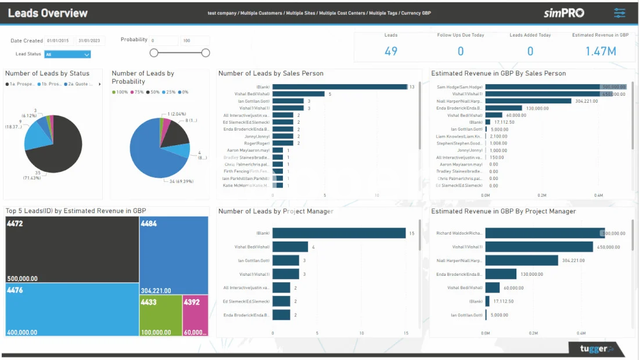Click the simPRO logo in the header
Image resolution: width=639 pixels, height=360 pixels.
click(563, 13)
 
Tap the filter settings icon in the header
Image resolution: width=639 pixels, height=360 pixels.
click(620, 13)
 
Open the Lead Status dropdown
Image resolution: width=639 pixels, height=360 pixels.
click(67, 55)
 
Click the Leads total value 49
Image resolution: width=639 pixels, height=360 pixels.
click(391, 51)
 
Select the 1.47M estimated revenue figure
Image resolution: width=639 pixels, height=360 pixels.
click(600, 51)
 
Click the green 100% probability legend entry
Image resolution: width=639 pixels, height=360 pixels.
click(120, 92)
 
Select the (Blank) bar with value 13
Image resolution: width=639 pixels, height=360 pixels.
click(339, 87)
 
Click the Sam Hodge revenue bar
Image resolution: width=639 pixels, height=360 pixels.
click(543, 87)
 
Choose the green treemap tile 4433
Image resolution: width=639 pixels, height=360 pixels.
click(160, 315)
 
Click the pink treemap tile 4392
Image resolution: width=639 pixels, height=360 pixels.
click(195, 315)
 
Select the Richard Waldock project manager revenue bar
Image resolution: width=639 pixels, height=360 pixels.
click(544, 233)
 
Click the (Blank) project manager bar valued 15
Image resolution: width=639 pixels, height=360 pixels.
click(339, 233)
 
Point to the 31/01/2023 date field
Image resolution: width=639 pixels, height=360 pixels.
click(89, 41)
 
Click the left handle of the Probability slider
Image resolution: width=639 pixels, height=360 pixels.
click(154, 53)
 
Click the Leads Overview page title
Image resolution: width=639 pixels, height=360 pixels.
click(48, 13)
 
